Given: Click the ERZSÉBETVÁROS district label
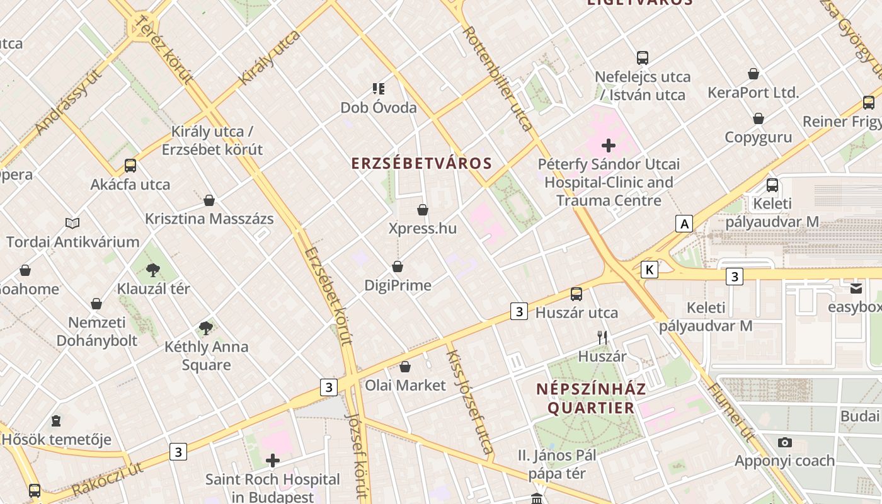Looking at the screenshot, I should (421, 163).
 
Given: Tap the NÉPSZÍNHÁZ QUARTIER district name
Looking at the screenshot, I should (591, 398).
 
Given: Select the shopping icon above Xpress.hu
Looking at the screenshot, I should (422, 210).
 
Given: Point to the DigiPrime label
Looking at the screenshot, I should (398, 285).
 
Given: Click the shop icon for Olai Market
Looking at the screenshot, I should (405, 367).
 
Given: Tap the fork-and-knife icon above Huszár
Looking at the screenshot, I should (602, 338).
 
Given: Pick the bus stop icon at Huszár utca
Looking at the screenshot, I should (576, 294).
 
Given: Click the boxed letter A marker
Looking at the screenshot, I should (684, 223).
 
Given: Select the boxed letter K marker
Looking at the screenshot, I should (649, 270).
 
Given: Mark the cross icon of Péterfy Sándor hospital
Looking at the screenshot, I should (609, 146).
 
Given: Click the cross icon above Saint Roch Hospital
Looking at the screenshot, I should (273, 461).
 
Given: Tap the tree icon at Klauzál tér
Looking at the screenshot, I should (152, 270).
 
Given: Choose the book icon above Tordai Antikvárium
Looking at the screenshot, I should (72, 223).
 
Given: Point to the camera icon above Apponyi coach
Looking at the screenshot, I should (784, 442).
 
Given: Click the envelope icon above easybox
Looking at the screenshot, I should (856, 289).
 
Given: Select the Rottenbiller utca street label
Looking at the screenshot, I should (498, 78).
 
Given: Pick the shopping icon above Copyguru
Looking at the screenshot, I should (759, 118).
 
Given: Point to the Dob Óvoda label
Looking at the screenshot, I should (379, 108).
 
